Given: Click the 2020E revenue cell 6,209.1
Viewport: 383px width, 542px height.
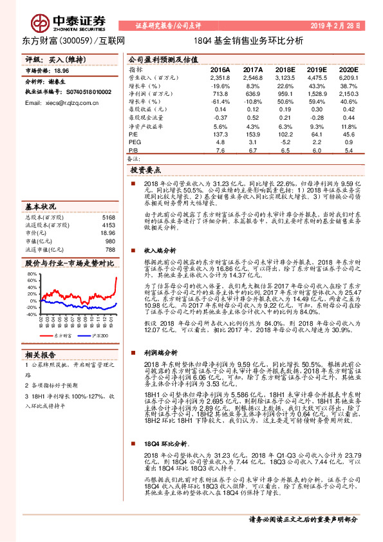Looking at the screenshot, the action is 346,77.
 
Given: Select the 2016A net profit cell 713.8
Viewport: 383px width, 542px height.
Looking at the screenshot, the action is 220,93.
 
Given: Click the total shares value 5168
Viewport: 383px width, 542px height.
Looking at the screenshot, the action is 108,218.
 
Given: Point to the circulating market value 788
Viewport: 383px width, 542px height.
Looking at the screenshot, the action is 109,249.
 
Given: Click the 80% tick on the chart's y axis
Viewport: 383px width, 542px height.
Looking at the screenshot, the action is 32,274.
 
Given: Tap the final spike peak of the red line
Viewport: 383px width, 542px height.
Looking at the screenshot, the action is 116,277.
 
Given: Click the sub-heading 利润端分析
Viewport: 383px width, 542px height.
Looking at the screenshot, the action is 160,354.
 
